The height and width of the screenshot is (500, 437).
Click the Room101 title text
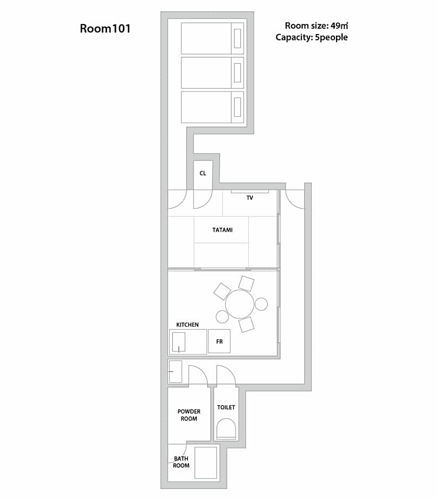tap(105, 28)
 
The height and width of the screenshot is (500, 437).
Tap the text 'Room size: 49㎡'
tap(316, 26)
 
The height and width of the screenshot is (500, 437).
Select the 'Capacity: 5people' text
tap(312, 37)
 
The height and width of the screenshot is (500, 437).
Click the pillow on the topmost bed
tap(237, 38)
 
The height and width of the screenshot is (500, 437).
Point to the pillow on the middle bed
tap(237, 73)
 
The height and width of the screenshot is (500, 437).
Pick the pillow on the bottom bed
tap(237, 107)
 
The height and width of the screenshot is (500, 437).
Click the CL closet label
tap(203, 173)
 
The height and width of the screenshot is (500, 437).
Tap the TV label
tap(249, 198)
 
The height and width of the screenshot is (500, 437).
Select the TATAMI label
tap(222, 230)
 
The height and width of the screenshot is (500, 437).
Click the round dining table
tap(240, 304)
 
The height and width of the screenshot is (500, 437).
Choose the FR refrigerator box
tap(219, 341)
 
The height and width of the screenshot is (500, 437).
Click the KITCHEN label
tap(188, 324)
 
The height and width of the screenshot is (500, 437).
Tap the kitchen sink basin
tap(179, 342)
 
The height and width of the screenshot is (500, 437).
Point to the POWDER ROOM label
tap(189, 415)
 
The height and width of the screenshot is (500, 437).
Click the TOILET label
tap(226, 407)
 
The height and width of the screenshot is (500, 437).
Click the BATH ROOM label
tap(181, 462)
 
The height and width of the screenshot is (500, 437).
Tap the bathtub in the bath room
tap(206, 463)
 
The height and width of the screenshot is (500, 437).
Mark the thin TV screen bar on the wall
tap(250, 191)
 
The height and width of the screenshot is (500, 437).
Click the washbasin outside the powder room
tap(175, 371)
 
